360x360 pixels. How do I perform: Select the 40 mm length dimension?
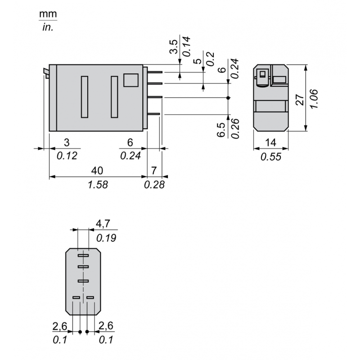pyautogui.click(x=98, y=171)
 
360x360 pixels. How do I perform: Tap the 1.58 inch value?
pyautogui.click(x=98, y=184)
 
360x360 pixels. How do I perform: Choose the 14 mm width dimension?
pyautogui.click(x=270, y=143)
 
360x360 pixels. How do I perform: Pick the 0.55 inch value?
pyautogui.click(x=270, y=157)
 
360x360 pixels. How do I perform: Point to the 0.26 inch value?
pyautogui.click(x=234, y=130)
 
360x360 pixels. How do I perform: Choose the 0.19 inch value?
pyautogui.click(x=106, y=237)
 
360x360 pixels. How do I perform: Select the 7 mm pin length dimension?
pyautogui.click(x=154, y=171)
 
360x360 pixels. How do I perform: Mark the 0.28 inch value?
pyautogui.click(x=154, y=184)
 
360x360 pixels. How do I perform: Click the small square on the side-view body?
pyautogui.click(x=131, y=80)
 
